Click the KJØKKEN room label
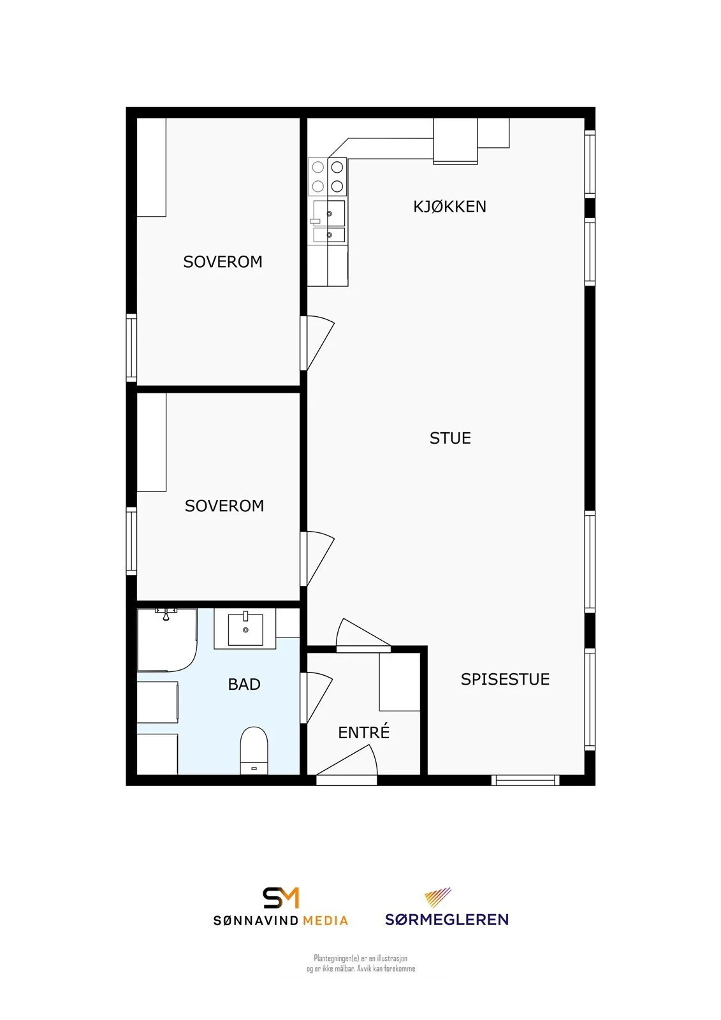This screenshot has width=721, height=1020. [449, 207]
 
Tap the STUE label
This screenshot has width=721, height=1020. [450, 438]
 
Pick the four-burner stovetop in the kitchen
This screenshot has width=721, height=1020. [328, 177]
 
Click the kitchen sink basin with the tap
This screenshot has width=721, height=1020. [329, 214]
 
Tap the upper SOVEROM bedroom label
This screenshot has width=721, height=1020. [222, 262]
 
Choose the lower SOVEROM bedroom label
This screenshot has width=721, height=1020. [224, 506]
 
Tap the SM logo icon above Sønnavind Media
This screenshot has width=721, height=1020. [280, 898]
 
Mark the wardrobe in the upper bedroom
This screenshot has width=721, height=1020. [152, 167]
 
